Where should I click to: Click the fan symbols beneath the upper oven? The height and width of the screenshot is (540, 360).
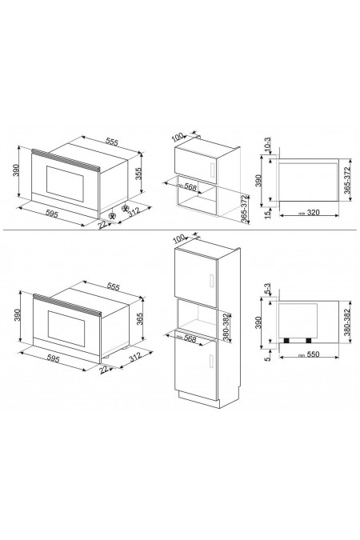[x=120, y=214]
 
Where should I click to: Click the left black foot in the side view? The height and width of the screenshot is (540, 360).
[x=287, y=342]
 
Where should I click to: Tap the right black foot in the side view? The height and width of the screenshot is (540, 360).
[x=308, y=342]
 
